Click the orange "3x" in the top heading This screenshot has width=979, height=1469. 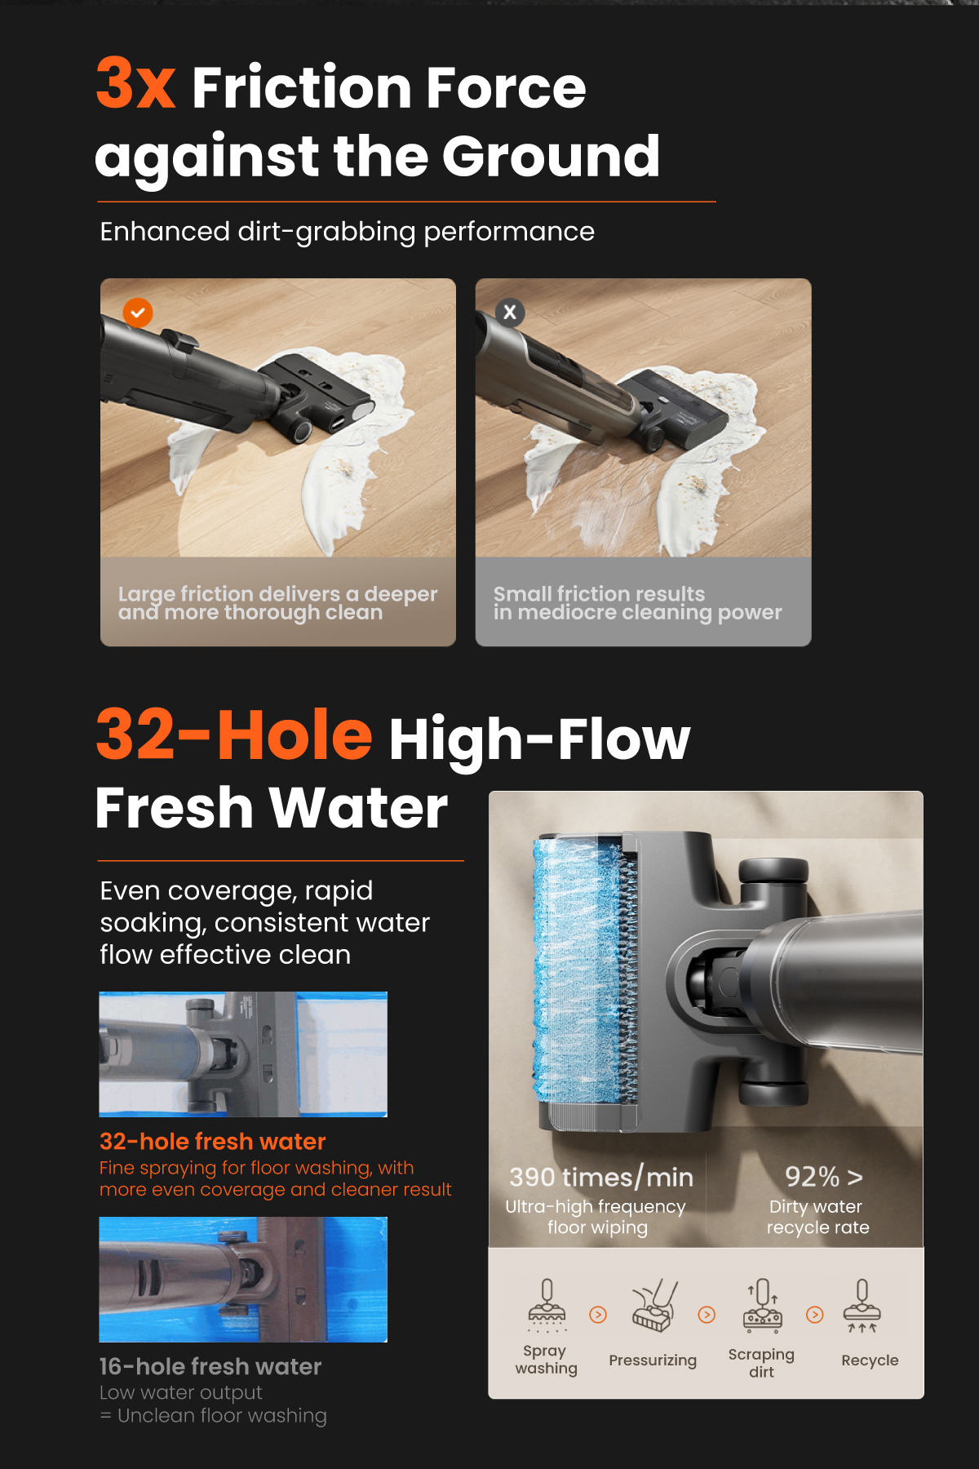(x=135, y=84)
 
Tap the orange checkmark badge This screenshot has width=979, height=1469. (x=138, y=313)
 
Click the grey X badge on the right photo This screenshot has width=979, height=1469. (x=510, y=312)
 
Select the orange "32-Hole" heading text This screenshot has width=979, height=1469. (x=234, y=734)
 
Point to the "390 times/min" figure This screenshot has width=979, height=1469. (x=601, y=1177)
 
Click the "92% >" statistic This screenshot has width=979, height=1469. (x=823, y=1177)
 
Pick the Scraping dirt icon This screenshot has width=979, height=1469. (x=762, y=1304)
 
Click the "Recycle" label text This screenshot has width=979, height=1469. (x=870, y=1360)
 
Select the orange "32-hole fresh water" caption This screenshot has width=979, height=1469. (x=212, y=1141)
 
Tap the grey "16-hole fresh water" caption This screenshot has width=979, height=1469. (x=210, y=1366)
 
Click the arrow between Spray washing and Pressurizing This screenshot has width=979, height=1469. (x=598, y=1315)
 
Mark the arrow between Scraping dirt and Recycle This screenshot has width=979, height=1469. (x=814, y=1315)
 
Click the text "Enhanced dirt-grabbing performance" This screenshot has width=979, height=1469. (x=347, y=232)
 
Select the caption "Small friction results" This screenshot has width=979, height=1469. (x=599, y=593)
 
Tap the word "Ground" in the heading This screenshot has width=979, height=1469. (x=551, y=156)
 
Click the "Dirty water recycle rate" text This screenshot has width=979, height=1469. (x=817, y=1217)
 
